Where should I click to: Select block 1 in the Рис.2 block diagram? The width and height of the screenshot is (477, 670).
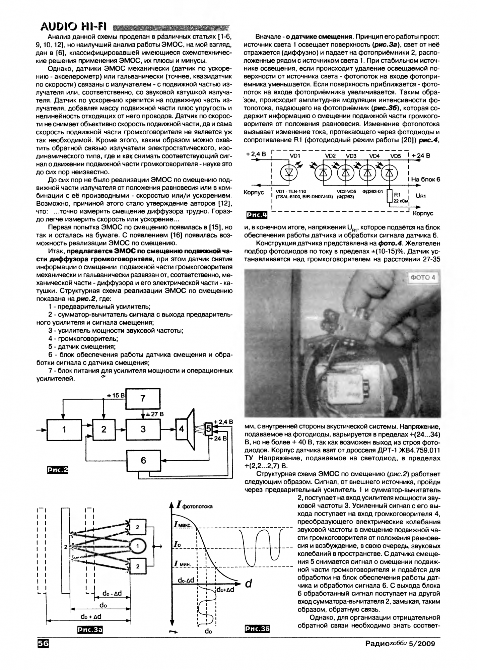[x=64, y=429]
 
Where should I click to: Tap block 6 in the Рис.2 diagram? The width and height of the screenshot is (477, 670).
[x=143, y=460]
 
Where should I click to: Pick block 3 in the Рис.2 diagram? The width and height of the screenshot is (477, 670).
[x=143, y=429]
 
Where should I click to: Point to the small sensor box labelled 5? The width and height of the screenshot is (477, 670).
[x=208, y=428]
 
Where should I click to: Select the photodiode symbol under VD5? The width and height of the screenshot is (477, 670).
[x=389, y=172]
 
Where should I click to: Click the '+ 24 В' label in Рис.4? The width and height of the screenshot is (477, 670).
[x=421, y=155]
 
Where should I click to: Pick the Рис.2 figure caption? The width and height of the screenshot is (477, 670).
[x=57, y=470]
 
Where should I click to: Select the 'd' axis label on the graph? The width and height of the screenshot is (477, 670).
[x=248, y=584]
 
